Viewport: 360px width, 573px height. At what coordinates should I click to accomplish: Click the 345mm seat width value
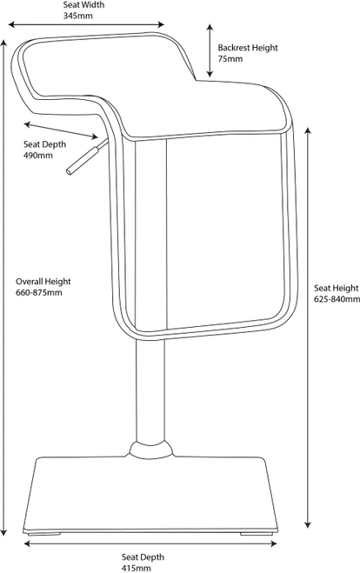[78, 16]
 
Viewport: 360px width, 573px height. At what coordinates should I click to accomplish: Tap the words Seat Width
[83, 4]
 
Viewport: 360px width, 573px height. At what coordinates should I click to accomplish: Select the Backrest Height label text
[248, 48]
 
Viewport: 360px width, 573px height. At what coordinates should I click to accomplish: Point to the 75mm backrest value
[230, 59]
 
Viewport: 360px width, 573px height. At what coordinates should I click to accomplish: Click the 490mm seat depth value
[38, 156]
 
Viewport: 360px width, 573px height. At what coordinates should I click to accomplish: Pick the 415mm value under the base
[136, 569]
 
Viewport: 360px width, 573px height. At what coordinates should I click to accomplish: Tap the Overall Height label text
[43, 282]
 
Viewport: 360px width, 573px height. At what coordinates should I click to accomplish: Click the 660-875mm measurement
[39, 293]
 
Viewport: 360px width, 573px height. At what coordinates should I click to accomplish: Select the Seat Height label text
[337, 289]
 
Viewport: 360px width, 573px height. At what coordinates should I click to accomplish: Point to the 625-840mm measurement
[337, 299]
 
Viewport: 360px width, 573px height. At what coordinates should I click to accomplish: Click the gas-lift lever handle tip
[70, 171]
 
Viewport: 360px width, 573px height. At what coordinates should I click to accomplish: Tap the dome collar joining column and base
[151, 450]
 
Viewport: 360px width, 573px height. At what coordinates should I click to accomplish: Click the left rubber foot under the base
[43, 534]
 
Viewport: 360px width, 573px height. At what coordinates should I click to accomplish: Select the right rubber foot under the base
[257, 534]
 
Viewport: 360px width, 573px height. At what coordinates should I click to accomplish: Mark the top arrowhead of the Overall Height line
[4, 43]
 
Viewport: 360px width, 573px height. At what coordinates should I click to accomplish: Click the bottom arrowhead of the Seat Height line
[308, 524]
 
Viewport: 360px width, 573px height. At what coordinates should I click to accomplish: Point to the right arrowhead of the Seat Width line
[161, 24]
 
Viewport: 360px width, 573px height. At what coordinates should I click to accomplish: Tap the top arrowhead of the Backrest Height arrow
[210, 28]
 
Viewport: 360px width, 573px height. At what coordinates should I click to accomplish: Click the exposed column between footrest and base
[150, 391]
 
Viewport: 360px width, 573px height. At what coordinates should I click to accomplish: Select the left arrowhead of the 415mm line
[28, 544]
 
